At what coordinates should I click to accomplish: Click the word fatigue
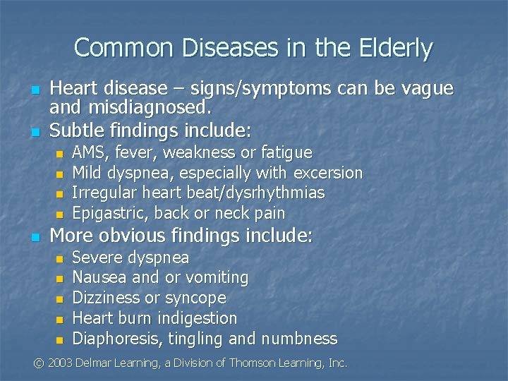286,152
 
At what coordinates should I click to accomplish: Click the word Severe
96,258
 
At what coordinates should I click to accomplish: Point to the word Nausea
97,278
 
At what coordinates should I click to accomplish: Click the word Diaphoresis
117,339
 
